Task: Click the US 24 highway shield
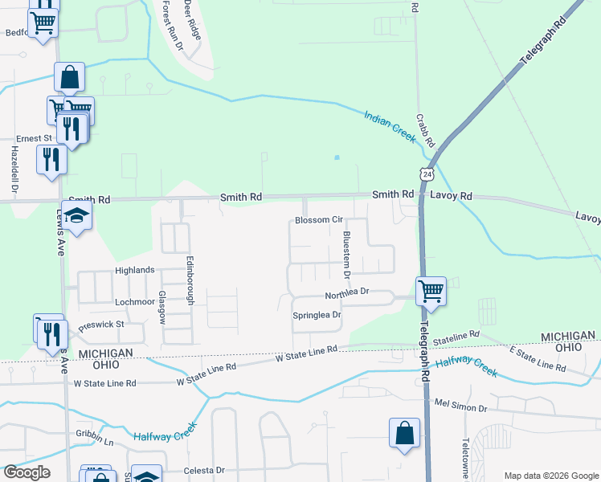(x=426, y=174)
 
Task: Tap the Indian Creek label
(x=390, y=126)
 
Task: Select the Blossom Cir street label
(x=319, y=219)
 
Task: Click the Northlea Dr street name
(x=346, y=293)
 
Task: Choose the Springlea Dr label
(x=317, y=315)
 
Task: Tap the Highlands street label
(x=134, y=270)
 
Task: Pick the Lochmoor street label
(x=134, y=301)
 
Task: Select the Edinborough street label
(x=190, y=280)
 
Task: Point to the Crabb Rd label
(x=425, y=129)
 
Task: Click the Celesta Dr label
(x=203, y=470)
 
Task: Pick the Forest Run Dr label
(x=172, y=26)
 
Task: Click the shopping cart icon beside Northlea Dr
(x=431, y=290)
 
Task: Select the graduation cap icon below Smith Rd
(x=77, y=215)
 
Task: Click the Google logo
(x=27, y=472)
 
